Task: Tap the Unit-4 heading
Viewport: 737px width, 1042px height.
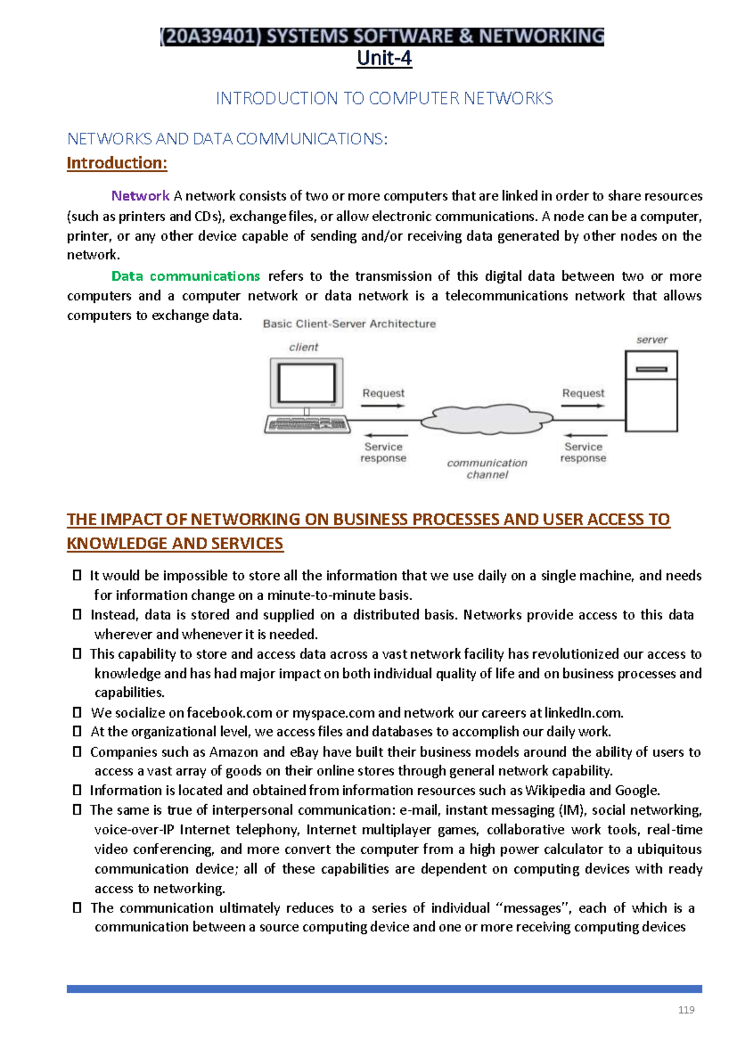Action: pyautogui.click(x=384, y=58)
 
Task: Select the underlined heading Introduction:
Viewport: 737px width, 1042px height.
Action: pyautogui.click(x=117, y=163)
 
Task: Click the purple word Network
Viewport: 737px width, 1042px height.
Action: pyautogui.click(x=140, y=196)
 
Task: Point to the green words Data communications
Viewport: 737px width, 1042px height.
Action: pyautogui.click(x=185, y=276)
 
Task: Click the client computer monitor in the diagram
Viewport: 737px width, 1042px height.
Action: pyautogui.click(x=306, y=383)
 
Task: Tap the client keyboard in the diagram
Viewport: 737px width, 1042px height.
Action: pyautogui.click(x=306, y=425)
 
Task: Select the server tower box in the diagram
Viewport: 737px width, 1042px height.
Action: pyautogui.click(x=651, y=391)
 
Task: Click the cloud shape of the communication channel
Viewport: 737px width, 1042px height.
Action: pyautogui.click(x=486, y=419)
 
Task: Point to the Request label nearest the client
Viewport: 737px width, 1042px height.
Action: pyautogui.click(x=383, y=393)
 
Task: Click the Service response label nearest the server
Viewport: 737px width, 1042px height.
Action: pyautogui.click(x=583, y=452)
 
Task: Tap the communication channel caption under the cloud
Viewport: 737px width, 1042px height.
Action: pyautogui.click(x=487, y=469)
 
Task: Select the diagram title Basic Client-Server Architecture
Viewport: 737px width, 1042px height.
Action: pyautogui.click(x=349, y=324)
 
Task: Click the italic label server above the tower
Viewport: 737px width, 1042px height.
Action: pyautogui.click(x=652, y=340)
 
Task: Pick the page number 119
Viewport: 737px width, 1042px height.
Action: pyautogui.click(x=686, y=1009)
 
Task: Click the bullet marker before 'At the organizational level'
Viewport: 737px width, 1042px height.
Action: pyautogui.click(x=77, y=732)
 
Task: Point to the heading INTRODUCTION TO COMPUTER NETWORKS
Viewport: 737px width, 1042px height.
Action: pyautogui.click(x=384, y=98)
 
